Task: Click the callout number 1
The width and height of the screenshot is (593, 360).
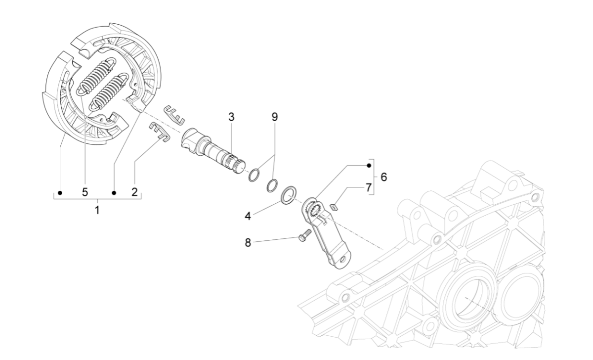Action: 97,210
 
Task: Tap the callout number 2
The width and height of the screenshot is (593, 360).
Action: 134,192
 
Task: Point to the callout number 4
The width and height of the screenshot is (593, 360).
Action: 261,216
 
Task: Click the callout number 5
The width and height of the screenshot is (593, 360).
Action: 85,192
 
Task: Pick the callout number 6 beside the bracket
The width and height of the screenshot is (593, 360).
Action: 383,177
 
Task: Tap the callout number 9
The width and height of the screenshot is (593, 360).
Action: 274,117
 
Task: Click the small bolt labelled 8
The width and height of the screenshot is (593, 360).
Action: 303,236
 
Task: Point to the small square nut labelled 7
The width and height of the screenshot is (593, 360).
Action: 334,207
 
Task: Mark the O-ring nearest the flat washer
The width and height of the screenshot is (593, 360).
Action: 272,186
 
